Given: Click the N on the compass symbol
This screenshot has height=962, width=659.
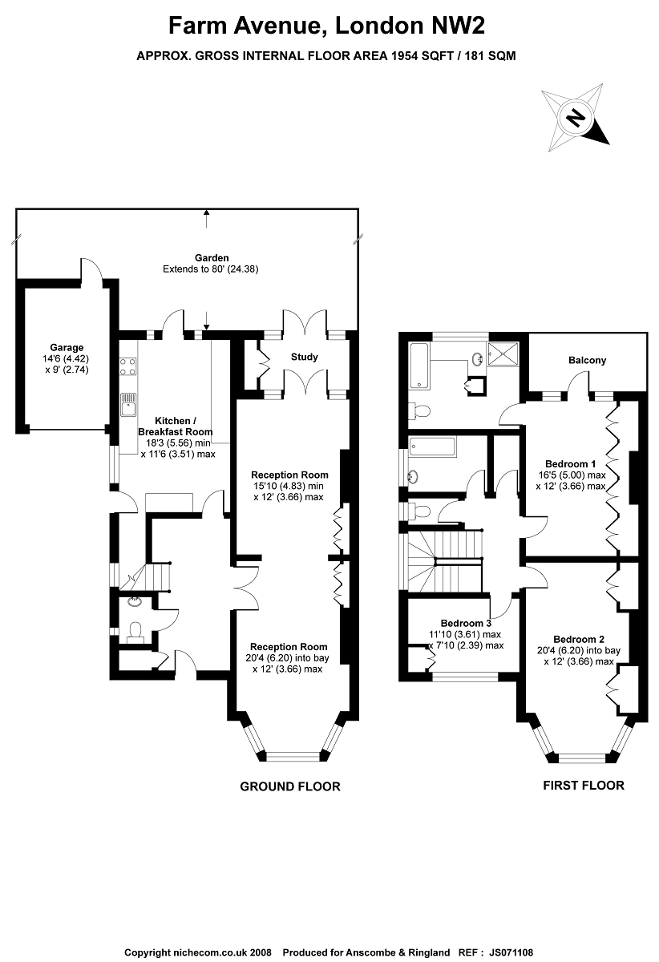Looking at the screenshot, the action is point(576,117).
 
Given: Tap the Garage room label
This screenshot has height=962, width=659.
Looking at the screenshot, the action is point(67,347).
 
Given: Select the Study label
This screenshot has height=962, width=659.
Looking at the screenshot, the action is point(304,357).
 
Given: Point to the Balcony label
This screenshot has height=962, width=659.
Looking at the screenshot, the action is point(587,360).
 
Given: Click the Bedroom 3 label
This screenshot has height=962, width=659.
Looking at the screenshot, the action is point(466,623).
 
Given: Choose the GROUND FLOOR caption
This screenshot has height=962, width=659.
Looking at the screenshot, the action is point(290,786).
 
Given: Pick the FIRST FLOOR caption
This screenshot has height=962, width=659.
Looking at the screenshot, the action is point(584,786).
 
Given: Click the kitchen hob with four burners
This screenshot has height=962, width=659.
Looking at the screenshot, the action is point(128,366).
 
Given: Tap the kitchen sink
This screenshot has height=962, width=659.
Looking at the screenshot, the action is point(128,405).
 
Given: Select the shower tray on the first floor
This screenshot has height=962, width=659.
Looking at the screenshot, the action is point(503,354).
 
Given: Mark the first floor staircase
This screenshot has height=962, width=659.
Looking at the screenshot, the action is point(445,560).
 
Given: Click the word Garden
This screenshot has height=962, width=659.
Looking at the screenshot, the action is point(212,257).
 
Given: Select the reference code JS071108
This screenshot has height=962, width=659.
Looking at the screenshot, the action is point(511,952).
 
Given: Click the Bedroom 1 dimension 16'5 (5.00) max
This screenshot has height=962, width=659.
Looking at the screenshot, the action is point(572,475).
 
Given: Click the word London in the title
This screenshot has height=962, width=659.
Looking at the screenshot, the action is point(379,26).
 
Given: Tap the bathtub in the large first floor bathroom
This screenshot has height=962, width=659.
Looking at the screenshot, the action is point(418,366).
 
